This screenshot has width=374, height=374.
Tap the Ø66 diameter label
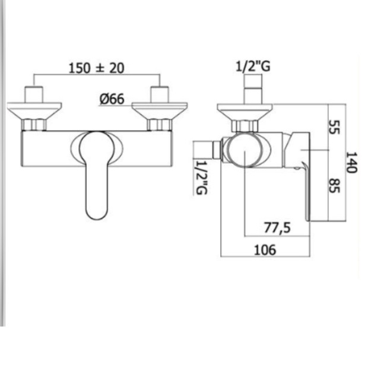pyautogui.click(x=112, y=99)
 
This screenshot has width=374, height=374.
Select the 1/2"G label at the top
pyautogui.click(x=253, y=66)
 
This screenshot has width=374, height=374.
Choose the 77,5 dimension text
pyautogui.click(x=277, y=227)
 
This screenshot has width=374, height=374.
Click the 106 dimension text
pyautogui.click(x=265, y=250)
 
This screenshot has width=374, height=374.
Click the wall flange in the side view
pyautogui.click(x=245, y=109)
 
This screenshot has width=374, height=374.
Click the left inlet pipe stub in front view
pyautogui.click(x=34, y=94)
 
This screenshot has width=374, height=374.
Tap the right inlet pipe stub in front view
pyautogui.click(x=159, y=94)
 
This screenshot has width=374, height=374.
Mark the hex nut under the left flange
pyautogui.click(x=34, y=125)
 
